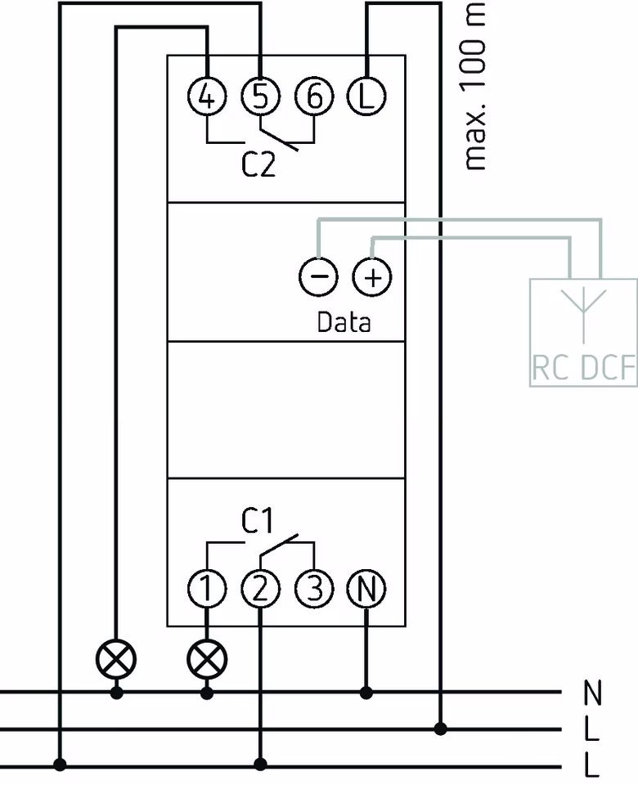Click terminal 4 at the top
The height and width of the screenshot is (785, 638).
coord(208,97)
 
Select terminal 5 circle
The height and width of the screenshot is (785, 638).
coord(260,97)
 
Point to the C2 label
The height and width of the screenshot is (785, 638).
coord(258,166)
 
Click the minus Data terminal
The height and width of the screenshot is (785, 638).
coord(319,278)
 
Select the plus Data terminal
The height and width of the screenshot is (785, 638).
coord(372,278)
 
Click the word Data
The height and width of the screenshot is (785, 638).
coord(344,322)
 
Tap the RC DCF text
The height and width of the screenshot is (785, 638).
coord(583,369)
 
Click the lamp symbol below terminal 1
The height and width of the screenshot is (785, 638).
coord(208,657)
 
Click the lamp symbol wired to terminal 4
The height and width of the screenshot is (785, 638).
coord(116,657)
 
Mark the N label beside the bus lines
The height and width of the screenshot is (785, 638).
coord(593,694)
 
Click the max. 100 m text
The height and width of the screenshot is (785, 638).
coord(474,86)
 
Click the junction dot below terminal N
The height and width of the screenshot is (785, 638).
coord(366,693)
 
